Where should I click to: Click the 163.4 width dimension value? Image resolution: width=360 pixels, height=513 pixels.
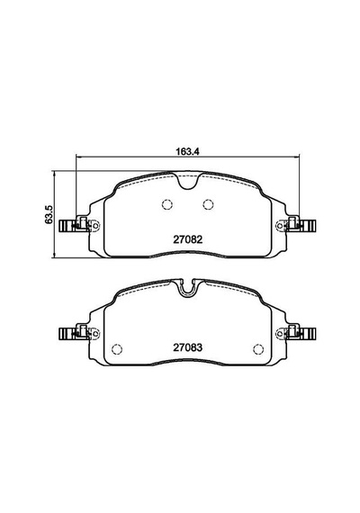tap(187, 151)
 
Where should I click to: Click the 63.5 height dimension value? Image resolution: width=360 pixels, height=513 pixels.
tap(49, 214)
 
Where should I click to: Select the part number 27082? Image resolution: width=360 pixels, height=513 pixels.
tap(188, 239)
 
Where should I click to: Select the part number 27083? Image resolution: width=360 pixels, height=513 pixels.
tap(188, 347)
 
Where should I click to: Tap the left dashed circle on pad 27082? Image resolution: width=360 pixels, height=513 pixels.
tap(167, 204)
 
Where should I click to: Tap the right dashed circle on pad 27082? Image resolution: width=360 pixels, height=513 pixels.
tap(208, 204)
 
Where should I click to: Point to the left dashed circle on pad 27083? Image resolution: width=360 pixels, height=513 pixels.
tap(117, 349)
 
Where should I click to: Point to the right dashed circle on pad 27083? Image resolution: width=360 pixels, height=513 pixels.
tap(258, 349)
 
